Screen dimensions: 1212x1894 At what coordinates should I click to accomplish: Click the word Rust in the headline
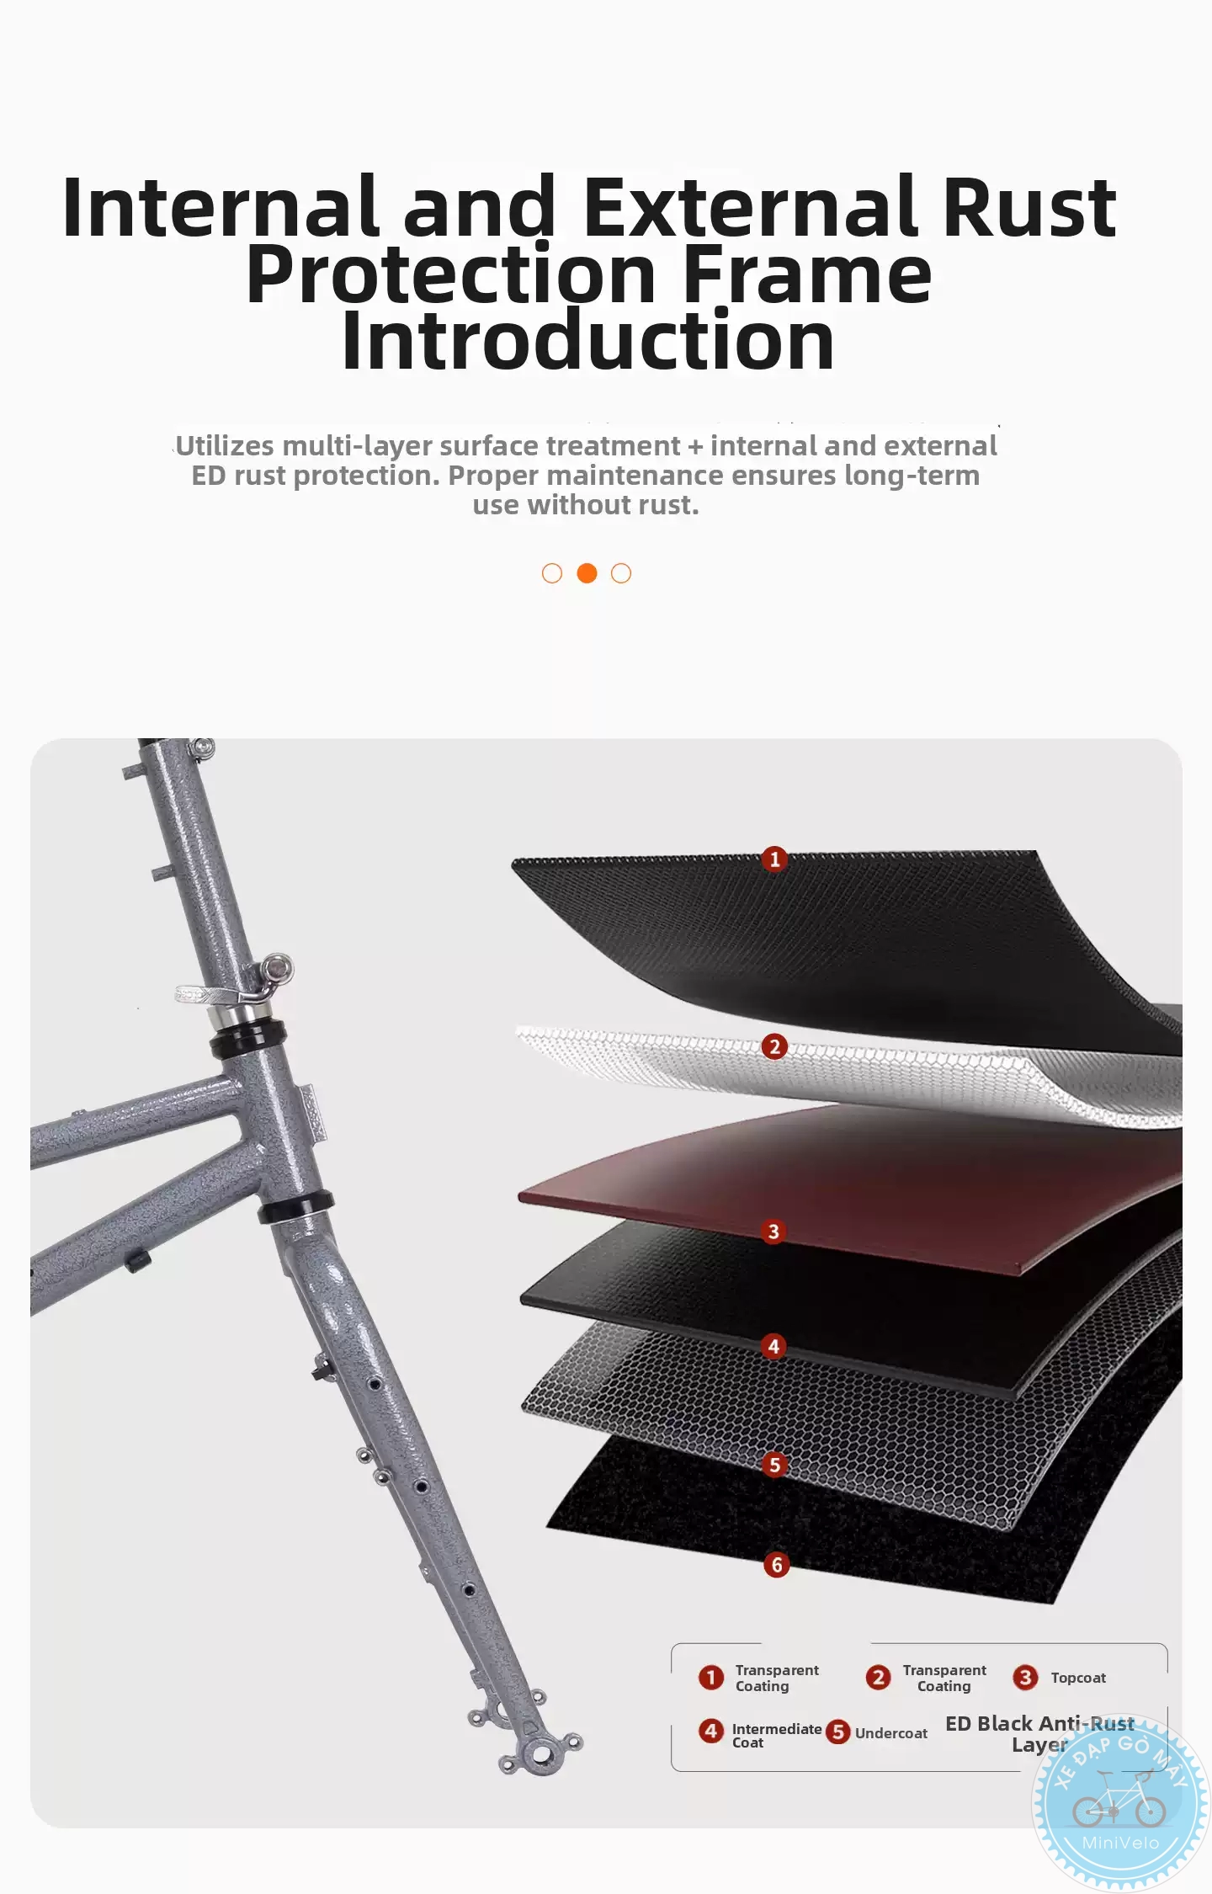click(1029, 207)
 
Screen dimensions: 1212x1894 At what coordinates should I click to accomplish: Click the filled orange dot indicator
click(587, 573)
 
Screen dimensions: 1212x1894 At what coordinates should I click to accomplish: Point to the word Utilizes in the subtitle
click(225, 445)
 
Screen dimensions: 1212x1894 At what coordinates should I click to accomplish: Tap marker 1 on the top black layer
click(774, 859)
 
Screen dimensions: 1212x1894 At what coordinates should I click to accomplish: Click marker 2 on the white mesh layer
click(774, 1047)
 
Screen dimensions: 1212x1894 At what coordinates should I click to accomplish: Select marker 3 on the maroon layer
click(774, 1232)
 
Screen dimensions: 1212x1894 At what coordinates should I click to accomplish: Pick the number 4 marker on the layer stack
click(774, 1347)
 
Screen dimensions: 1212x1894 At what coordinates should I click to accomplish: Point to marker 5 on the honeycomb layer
click(775, 1465)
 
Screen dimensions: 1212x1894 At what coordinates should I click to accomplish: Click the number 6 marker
click(777, 1566)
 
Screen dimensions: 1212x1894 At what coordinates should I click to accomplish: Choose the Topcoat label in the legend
click(1078, 1678)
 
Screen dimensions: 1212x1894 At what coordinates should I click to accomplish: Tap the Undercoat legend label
click(891, 1733)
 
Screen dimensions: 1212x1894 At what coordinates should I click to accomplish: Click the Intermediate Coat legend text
click(777, 1736)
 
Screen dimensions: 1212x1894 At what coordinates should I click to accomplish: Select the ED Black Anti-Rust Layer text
click(1040, 1734)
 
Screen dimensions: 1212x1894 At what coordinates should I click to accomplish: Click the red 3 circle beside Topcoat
click(1025, 1678)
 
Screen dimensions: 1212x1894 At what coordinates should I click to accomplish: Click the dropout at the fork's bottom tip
click(540, 1753)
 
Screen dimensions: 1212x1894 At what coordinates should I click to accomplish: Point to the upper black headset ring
click(247, 1039)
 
